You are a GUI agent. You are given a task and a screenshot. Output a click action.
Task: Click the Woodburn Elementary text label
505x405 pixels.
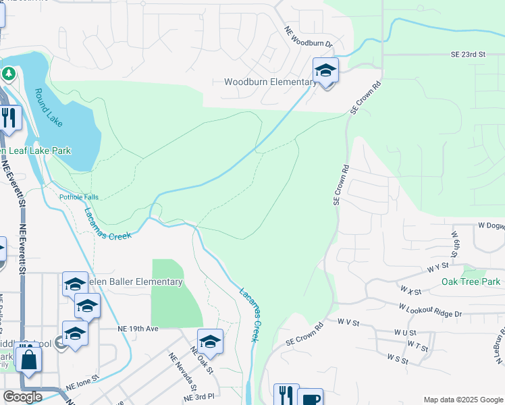pos(269,82)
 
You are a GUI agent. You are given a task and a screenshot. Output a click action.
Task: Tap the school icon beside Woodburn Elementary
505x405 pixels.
pos(325,71)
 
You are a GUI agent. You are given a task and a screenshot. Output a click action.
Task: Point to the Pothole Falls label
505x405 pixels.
pos(78,197)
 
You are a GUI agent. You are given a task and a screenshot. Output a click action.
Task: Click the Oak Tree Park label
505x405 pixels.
pos(471,281)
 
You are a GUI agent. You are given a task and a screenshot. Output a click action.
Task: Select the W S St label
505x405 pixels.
pos(398,358)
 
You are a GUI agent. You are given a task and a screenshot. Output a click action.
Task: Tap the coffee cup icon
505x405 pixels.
pos(310,398)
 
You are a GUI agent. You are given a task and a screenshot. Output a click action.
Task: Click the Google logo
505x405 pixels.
pos(22,397)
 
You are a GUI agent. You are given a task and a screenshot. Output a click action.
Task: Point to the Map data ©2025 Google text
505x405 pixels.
pos(462,400)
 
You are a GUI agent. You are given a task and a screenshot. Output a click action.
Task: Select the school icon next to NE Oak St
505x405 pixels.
pos(210,342)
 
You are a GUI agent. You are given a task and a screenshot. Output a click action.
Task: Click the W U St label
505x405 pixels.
pos(404,333)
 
